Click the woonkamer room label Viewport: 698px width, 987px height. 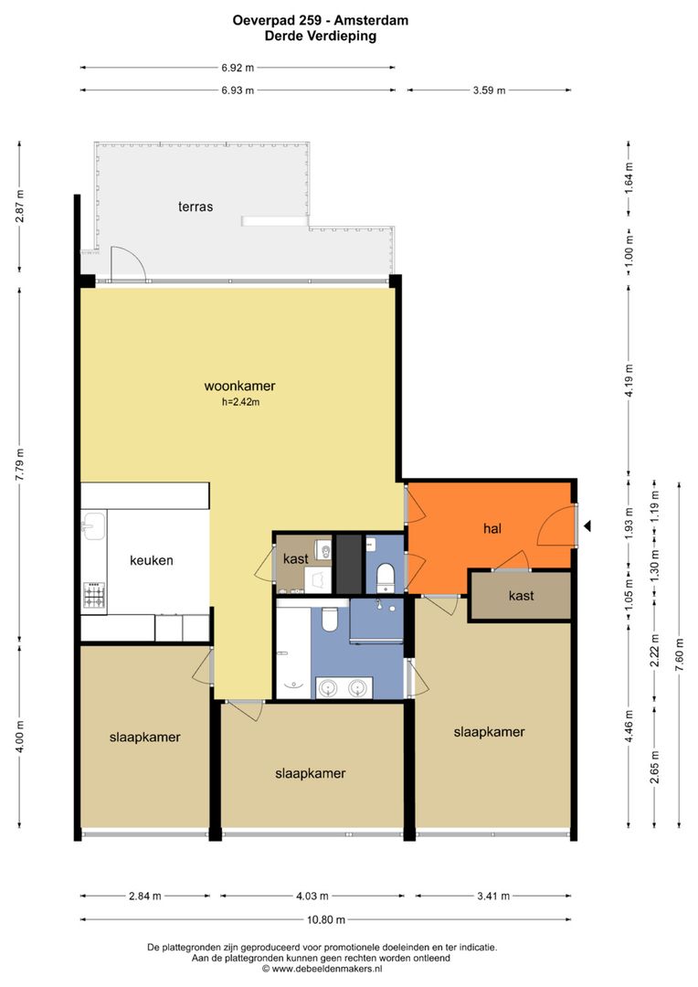click(x=239, y=386)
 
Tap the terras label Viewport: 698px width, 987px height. click(x=196, y=207)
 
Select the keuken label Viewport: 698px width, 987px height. click(x=151, y=560)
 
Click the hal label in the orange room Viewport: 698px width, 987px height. click(x=492, y=529)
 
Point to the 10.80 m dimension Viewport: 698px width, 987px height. click(x=326, y=919)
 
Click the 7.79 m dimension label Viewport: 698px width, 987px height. click(x=19, y=465)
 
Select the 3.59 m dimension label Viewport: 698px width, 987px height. click(x=489, y=90)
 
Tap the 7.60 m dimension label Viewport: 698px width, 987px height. click(x=679, y=654)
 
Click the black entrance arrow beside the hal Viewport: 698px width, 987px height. click(x=587, y=525)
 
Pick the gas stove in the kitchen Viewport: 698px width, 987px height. click(x=94, y=595)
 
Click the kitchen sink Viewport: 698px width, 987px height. click(x=93, y=525)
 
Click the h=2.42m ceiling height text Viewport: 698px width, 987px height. click(x=240, y=401)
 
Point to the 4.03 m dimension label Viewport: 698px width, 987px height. click(x=312, y=896)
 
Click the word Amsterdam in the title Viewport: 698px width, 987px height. click(x=371, y=20)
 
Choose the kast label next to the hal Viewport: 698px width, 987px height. click(x=521, y=596)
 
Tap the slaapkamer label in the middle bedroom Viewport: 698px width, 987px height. click(x=311, y=774)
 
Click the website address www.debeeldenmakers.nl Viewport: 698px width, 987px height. click(x=327, y=969)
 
